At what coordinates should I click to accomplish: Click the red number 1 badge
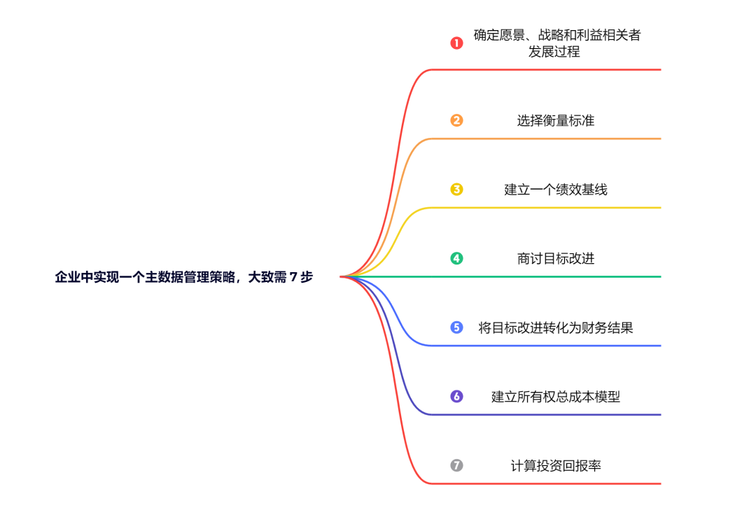point(456,43)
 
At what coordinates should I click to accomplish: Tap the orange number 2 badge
point(456,120)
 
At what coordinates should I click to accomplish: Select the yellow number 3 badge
point(456,189)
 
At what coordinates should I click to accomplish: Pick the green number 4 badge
point(456,258)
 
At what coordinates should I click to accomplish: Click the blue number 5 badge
point(456,327)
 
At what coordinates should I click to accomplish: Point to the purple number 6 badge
point(456,396)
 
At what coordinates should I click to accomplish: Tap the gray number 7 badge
point(456,465)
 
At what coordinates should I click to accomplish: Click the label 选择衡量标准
point(555,120)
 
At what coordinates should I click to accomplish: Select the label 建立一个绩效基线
point(555,189)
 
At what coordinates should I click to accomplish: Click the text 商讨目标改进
point(555,258)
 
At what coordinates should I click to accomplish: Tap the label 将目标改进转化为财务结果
point(555,327)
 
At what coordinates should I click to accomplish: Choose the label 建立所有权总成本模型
point(555,396)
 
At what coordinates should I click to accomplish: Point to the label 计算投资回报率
point(555,465)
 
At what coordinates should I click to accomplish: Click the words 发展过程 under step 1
point(554,52)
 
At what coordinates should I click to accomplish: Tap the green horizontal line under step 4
point(546,276)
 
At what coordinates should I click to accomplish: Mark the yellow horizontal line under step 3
point(546,208)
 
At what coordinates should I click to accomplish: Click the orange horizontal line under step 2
point(546,139)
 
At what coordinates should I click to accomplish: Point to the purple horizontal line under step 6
point(546,414)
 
